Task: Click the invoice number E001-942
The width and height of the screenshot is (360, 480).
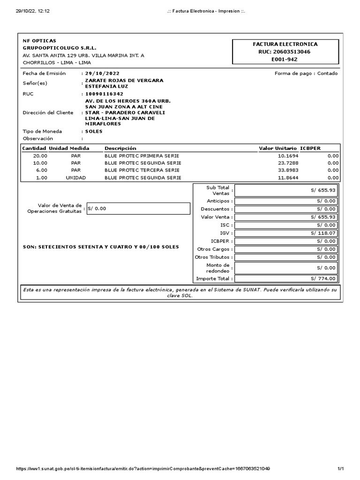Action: [x=285, y=60]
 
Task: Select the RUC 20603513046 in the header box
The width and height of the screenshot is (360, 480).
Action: [x=285, y=52]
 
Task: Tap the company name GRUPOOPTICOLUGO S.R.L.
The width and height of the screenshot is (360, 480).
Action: [x=60, y=48]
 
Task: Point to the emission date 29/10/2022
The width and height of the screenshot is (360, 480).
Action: [x=102, y=74]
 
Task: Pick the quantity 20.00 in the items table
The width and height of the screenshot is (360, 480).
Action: [x=40, y=156]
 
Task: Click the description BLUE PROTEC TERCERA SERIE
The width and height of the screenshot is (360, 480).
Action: [x=142, y=170]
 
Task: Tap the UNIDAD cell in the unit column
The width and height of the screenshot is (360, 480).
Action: [x=76, y=178]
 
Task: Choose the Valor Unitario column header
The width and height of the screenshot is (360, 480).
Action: [x=277, y=149]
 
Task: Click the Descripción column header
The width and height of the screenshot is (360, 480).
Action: [x=120, y=149]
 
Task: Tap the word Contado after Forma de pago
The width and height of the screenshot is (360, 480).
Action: [x=327, y=74]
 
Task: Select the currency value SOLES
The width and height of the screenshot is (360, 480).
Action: [x=94, y=131]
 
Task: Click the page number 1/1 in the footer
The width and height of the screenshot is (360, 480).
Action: [x=341, y=469]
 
